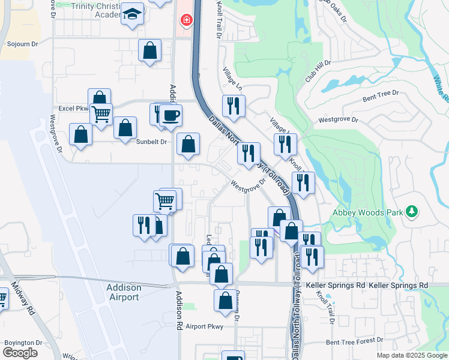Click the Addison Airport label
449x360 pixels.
click(123, 292)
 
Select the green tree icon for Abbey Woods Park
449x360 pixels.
click(412, 211)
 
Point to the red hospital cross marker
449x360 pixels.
click(187, 20)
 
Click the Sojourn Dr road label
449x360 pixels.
click(22, 44)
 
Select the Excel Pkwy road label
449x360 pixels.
click(73, 109)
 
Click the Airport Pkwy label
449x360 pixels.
click(204, 326)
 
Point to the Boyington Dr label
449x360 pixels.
click(23, 343)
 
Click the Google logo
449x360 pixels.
click(20, 353)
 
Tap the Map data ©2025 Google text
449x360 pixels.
click(411, 355)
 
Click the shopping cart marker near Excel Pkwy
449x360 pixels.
click(101, 112)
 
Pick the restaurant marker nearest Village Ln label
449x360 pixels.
click(232, 106)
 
